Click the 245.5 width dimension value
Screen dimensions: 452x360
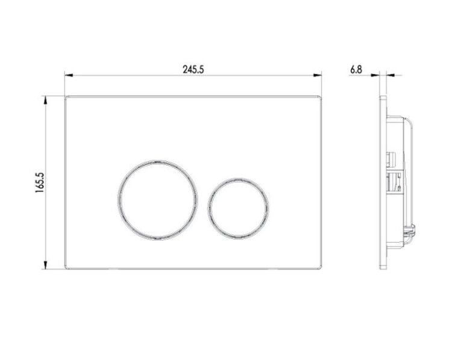click(193, 69)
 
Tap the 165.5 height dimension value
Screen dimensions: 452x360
click(40, 182)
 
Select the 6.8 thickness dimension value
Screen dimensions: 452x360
click(356, 69)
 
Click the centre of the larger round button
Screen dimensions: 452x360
click(158, 200)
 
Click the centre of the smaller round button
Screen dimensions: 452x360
click(238, 208)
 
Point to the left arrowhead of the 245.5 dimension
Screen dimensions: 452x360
click(69, 75)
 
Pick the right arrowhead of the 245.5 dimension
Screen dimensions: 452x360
click(318, 75)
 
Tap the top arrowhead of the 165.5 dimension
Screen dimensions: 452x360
click(45, 100)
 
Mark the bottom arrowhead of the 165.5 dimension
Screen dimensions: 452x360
click(45, 265)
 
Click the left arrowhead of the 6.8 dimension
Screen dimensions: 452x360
click(375, 75)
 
